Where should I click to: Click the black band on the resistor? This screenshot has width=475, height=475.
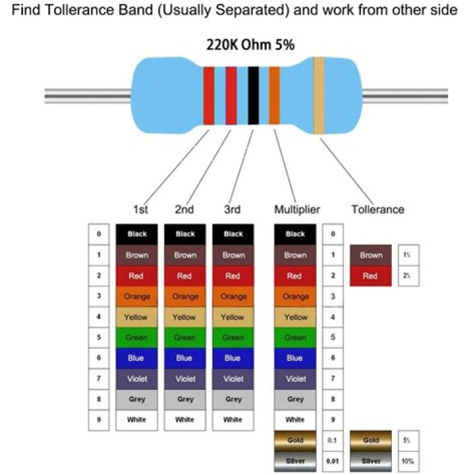click(x=253, y=95)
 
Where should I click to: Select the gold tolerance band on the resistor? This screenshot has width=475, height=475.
click(x=319, y=95)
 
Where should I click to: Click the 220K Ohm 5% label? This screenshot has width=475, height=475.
click(x=242, y=46)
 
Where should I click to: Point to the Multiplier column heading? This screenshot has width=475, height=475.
click(x=297, y=210)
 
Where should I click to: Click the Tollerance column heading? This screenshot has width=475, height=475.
click(x=377, y=210)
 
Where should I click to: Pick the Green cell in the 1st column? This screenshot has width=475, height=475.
click(x=137, y=338)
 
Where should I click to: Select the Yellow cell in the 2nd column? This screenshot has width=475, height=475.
click(x=185, y=317)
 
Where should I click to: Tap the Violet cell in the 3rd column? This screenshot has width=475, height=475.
click(x=233, y=379)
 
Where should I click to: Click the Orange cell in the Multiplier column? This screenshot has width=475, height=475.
click(x=295, y=296)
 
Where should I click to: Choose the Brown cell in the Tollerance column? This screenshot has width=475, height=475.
click(x=371, y=255)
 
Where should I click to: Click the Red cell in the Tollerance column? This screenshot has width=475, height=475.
click(x=371, y=276)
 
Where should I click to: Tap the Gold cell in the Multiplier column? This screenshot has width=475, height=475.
click(x=295, y=440)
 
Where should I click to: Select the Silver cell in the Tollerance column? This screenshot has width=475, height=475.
click(x=371, y=460)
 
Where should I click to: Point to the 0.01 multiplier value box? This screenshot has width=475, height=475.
click(x=332, y=460)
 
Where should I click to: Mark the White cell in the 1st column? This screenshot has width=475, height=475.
click(x=137, y=420)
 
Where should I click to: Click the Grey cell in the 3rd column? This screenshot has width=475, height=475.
click(x=233, y=399)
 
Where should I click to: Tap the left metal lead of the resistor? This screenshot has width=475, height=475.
click(x=86, y=95)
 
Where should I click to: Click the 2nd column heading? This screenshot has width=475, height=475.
click(x=185, y=210)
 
